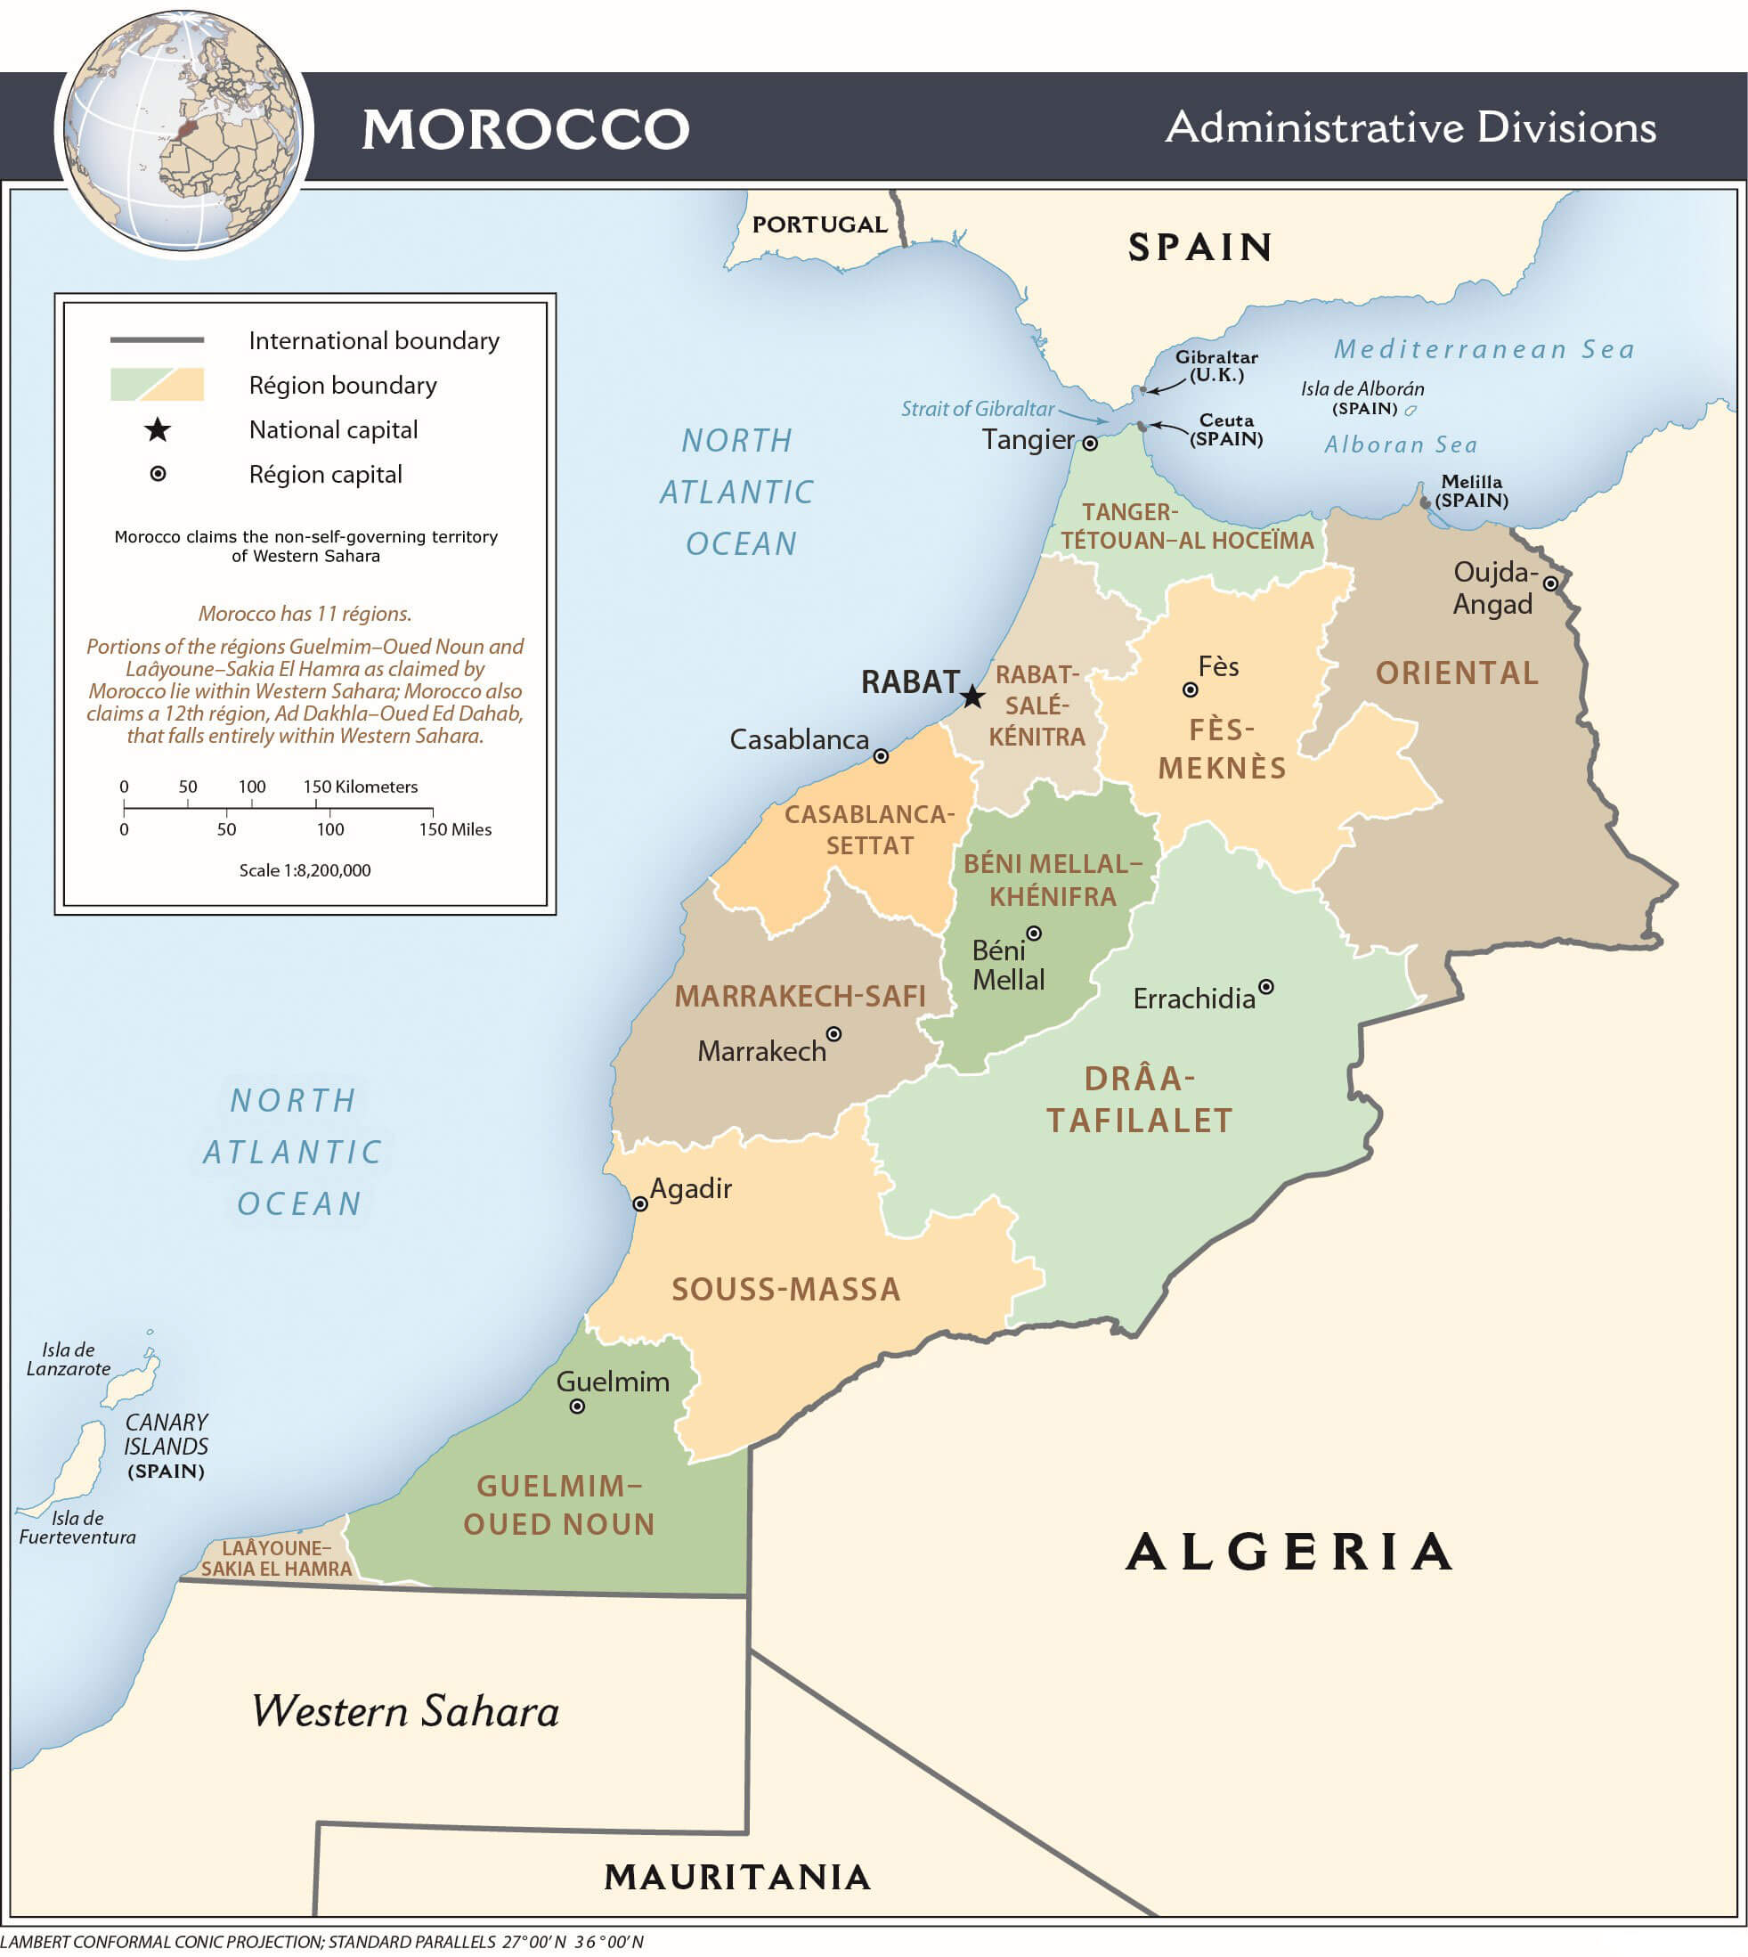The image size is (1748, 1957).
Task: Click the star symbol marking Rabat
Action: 972,697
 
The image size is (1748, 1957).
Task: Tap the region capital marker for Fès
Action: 1190,689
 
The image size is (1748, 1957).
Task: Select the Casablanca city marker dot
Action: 881,756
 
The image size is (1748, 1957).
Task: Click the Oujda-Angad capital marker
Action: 1550,583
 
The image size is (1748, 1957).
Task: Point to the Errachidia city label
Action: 1194,999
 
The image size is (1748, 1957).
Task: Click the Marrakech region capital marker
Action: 833,1034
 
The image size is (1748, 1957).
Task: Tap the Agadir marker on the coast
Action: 639,1203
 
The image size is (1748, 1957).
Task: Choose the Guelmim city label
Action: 613,1382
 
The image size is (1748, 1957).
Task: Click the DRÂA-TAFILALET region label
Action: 1139,1099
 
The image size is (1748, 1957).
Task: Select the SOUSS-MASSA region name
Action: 785,1289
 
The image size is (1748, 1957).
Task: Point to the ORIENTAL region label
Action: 1457,673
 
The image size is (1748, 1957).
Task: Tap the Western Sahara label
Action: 405,1711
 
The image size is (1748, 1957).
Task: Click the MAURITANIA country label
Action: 736,1876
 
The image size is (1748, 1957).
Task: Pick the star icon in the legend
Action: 158,429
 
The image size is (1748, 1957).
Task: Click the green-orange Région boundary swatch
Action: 158,384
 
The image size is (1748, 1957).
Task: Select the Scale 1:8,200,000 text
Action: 305,870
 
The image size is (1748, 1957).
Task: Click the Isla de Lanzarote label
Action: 69,1359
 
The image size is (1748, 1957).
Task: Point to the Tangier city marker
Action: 1090,443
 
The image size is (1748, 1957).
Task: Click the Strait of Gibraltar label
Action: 977,408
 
